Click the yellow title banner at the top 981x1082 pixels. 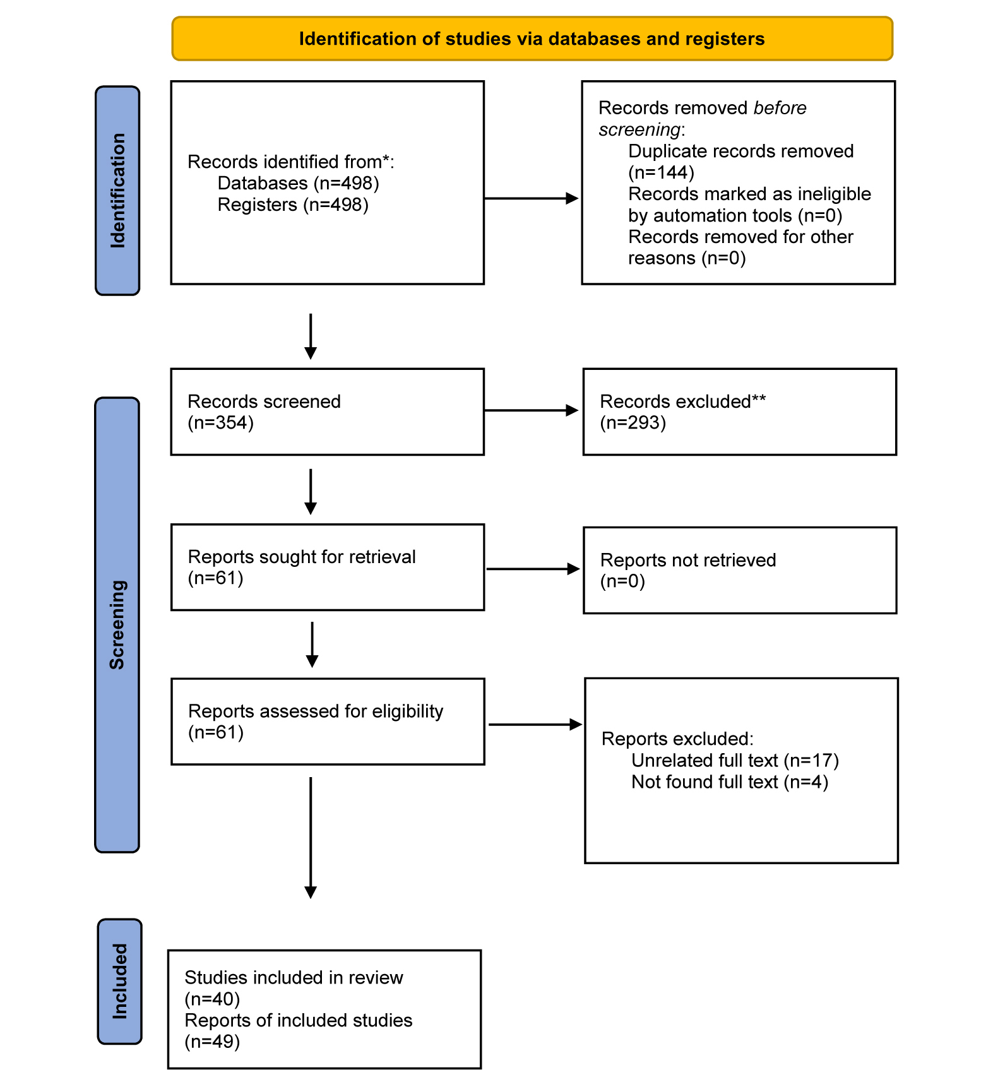pyautogui.click(x=532, y=39)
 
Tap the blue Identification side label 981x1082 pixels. pyautogui.click(x=117, y=191)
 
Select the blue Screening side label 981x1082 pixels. pyautogui.click(x=117, y=625)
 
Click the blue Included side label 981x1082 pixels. pyautogui.click(x=120, y=981)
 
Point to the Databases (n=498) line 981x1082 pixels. pyautogui.click(x=298, y=183)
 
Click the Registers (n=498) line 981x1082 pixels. pyautogui.click(x=293, y=205)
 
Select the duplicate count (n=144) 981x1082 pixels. pyautogui.click(x=661, y=172)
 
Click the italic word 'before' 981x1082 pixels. pyautogui.click(x=780, y=108)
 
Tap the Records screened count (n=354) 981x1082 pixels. pyautogui.click(x=221, y=422)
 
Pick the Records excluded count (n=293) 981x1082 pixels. pyautogui.click(x=633, y=422)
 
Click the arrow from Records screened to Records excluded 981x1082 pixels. pyautogui.click(x=532, y=410)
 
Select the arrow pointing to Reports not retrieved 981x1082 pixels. pyautogui.click(x=533, y=569)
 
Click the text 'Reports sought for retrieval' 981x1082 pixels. pyautogui.click(x=302, y=557)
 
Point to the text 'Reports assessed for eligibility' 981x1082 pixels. pyautogui.click(x=316, y=711)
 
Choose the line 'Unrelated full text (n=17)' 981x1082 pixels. pyautogui.click(x=735, y=760)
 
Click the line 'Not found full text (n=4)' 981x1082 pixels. pyautogui.click(x=730, y=782)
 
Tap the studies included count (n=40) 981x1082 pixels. pyautogui.click(x=212, y=999)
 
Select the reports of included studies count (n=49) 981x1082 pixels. pyautogui.click(x=212, y=1042)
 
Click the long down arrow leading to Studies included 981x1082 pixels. pyautogui.click(x=311, y=838)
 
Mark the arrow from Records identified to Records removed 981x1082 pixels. pyautogui.click(x=532, y=198)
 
